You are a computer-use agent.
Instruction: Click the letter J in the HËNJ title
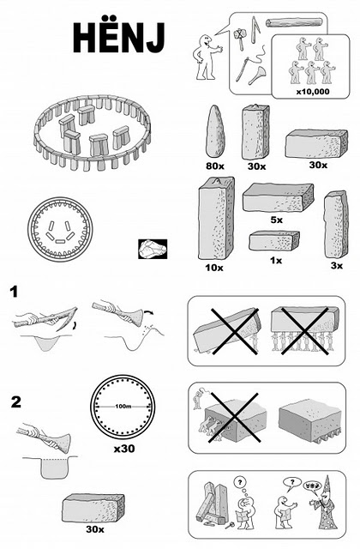155,39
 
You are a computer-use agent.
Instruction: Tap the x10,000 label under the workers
313,92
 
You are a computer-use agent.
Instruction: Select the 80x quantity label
215,166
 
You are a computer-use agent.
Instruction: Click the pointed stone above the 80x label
215,131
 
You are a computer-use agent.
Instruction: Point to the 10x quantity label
214,268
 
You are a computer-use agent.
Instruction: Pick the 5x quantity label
276,220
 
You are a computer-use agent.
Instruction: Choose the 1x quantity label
276,261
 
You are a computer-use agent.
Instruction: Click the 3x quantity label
337,266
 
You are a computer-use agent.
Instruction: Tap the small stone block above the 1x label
274,240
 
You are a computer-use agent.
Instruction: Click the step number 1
14,292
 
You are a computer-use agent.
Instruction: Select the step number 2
15,402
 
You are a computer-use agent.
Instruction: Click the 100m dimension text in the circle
123,407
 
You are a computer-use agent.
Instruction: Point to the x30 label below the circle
124,448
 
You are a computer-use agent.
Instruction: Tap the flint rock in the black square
153,249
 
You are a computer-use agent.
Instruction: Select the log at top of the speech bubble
294,23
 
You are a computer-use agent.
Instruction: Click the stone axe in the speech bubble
240,38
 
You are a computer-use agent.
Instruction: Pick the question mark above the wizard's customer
292,482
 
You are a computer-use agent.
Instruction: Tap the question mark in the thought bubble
240,482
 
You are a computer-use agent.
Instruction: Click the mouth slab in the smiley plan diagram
60,241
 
